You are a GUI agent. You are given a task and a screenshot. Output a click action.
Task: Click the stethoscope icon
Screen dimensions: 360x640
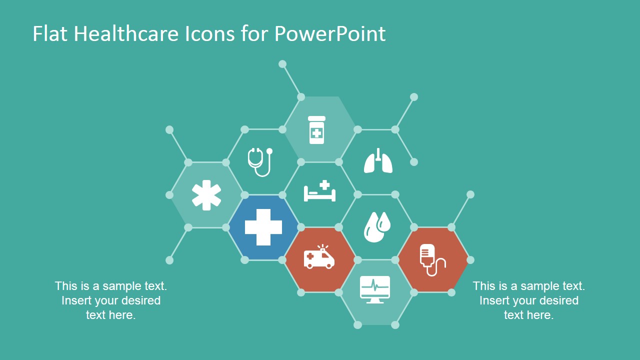(x=260, y=161)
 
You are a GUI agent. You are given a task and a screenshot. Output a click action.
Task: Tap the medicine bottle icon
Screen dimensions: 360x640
(x=316, y=130)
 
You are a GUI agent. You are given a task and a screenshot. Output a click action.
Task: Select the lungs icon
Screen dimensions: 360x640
(x=378, y=161)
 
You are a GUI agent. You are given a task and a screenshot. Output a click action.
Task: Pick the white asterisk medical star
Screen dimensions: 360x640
(x=206, y=195)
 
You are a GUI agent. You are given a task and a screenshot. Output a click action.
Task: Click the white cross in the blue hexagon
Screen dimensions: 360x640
(x=263, y=227)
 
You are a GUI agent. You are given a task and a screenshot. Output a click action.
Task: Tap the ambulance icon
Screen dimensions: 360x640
(x=319, y=257)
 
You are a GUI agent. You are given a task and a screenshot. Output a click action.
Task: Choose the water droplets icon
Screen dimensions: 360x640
(x=376, y=227)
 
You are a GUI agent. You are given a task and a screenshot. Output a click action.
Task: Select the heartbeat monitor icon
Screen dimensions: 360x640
(x=375, y=289)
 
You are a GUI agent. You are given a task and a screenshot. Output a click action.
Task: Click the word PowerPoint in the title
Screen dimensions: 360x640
(x=330, y=34)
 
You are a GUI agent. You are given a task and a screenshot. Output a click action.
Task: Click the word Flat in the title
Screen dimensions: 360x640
(x=48, y=34)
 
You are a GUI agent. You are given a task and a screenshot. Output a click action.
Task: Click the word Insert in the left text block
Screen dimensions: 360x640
(x=76, y=300)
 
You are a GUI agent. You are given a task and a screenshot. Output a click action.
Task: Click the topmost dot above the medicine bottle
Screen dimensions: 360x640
(x=282, y=64)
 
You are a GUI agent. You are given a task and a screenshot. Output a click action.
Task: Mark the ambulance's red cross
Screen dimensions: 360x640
(x=310, y=256)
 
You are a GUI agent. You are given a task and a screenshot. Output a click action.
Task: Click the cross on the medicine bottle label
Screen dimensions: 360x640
(x=316, y=133)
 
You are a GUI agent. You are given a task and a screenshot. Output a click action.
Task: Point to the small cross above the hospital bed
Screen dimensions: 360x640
(x=325, y=185)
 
